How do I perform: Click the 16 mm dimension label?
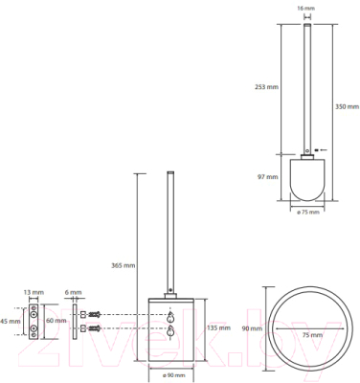[305, 8]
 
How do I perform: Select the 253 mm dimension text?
[266, 86]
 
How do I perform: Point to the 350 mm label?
[347, 106]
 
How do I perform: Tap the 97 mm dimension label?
[268, 176]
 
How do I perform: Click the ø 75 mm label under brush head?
[308, 213]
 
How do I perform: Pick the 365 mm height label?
[124, 265]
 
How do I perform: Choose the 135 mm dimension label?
[218, 327]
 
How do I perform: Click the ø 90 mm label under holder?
[173, 375]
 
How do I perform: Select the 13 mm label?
[34, 292]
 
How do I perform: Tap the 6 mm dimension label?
[73, 292]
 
